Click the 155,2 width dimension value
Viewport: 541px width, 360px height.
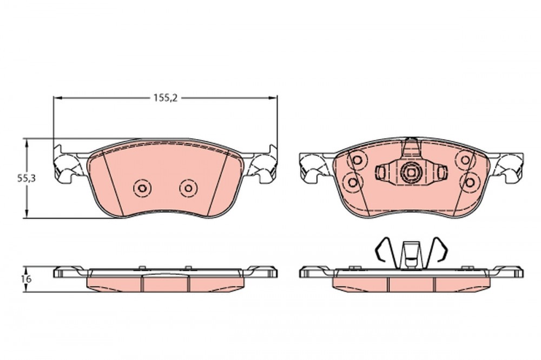click(165, 98)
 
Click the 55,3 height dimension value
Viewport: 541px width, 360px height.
click(27, 178)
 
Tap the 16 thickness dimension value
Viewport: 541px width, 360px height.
click(26, 279)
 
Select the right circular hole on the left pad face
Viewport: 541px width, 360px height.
click(188, 188)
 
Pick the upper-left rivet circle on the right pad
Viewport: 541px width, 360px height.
click(358, 160)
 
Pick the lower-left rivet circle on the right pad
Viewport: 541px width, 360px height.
click(353, 182)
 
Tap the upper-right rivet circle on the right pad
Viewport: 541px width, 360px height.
click(465, 160)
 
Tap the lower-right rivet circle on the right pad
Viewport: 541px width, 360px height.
click(470, 182)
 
